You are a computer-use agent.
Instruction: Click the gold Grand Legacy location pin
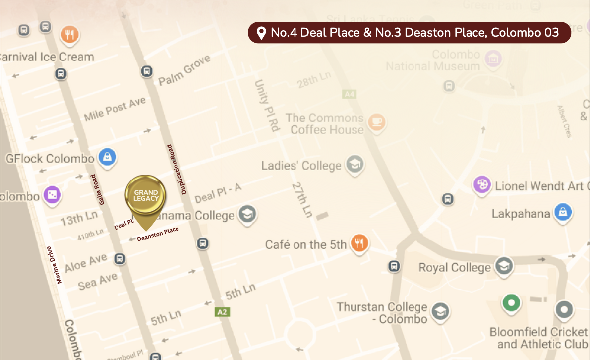coord(145,196)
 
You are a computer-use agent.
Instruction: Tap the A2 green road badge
coord(221,312)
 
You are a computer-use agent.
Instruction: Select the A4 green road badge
coord(349,94)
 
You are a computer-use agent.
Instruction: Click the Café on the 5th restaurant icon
coord(358,243)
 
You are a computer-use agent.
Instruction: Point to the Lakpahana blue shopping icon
coord(563,213)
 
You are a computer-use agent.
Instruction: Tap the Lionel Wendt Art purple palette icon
coord(481,185)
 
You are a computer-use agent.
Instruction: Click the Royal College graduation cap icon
coord(504,266)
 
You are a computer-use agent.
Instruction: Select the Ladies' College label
coord(301,165)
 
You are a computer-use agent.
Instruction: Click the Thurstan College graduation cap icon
coord(439,312)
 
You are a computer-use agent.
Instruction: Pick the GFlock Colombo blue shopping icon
coord(107,157)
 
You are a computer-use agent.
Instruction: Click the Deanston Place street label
coord(158,234)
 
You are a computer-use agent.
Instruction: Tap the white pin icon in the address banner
coord(261,33)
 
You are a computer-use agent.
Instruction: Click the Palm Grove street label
coord(184,70)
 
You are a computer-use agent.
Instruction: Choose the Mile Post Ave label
coord(115,109)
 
